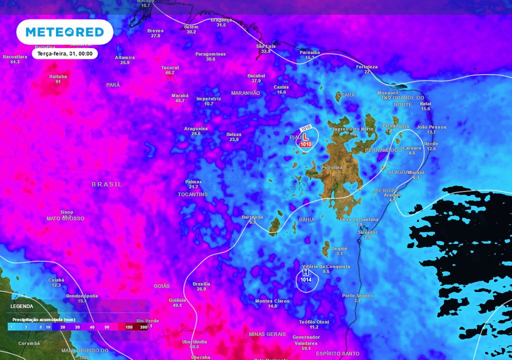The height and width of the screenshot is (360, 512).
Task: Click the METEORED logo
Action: tap(64, 32)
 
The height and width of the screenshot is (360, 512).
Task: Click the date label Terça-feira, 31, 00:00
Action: tap(65, 53)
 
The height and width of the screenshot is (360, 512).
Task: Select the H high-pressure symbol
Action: tap(305, 273)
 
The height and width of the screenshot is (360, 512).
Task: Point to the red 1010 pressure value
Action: tap(306, 144)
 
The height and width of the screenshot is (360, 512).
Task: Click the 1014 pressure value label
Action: tap(305, 280)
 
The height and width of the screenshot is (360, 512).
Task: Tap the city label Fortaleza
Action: tap(366, 66)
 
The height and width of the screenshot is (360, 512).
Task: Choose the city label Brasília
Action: tap(201, 283)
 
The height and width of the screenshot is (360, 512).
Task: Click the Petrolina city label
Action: tap(331, 167)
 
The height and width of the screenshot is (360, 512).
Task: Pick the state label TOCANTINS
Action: tap(192, 194)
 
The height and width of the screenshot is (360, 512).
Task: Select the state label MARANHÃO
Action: tap(245, 93)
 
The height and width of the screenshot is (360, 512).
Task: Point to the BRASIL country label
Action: tap(106, 184)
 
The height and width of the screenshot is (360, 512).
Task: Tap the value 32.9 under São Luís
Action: tap(265, 51)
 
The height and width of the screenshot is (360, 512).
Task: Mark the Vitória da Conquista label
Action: tap(326, 266)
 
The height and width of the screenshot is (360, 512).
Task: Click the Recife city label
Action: tap(431, 143)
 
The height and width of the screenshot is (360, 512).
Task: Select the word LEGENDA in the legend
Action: tap(22, 306)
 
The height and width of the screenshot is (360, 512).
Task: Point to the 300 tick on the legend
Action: tap(144, 326)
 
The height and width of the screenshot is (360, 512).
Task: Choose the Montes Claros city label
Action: tap(272, 300)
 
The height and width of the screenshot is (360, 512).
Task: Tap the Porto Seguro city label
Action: tap(357, 295)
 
